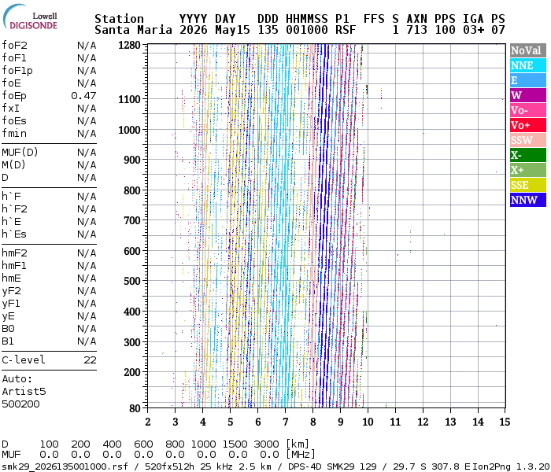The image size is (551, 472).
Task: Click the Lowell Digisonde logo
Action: (30, 17)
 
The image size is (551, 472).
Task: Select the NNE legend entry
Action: (528, 65)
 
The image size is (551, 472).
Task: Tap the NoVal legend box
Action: (528, 50)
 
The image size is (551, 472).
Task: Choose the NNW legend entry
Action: (528, 200)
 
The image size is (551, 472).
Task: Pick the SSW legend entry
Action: (528, 140)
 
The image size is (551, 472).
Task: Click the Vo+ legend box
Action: (528, 125)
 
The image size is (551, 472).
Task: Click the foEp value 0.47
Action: (83, 95)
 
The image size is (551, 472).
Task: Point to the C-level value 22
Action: (90, 360)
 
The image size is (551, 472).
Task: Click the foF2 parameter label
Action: (14, 46)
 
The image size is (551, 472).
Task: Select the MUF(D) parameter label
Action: (20, 153)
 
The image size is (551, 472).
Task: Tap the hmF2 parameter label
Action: (14, 253)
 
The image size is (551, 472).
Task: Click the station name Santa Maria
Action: (133, 30)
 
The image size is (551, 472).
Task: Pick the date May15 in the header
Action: (232, 30)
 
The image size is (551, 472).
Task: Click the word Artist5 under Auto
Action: (24, 391)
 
